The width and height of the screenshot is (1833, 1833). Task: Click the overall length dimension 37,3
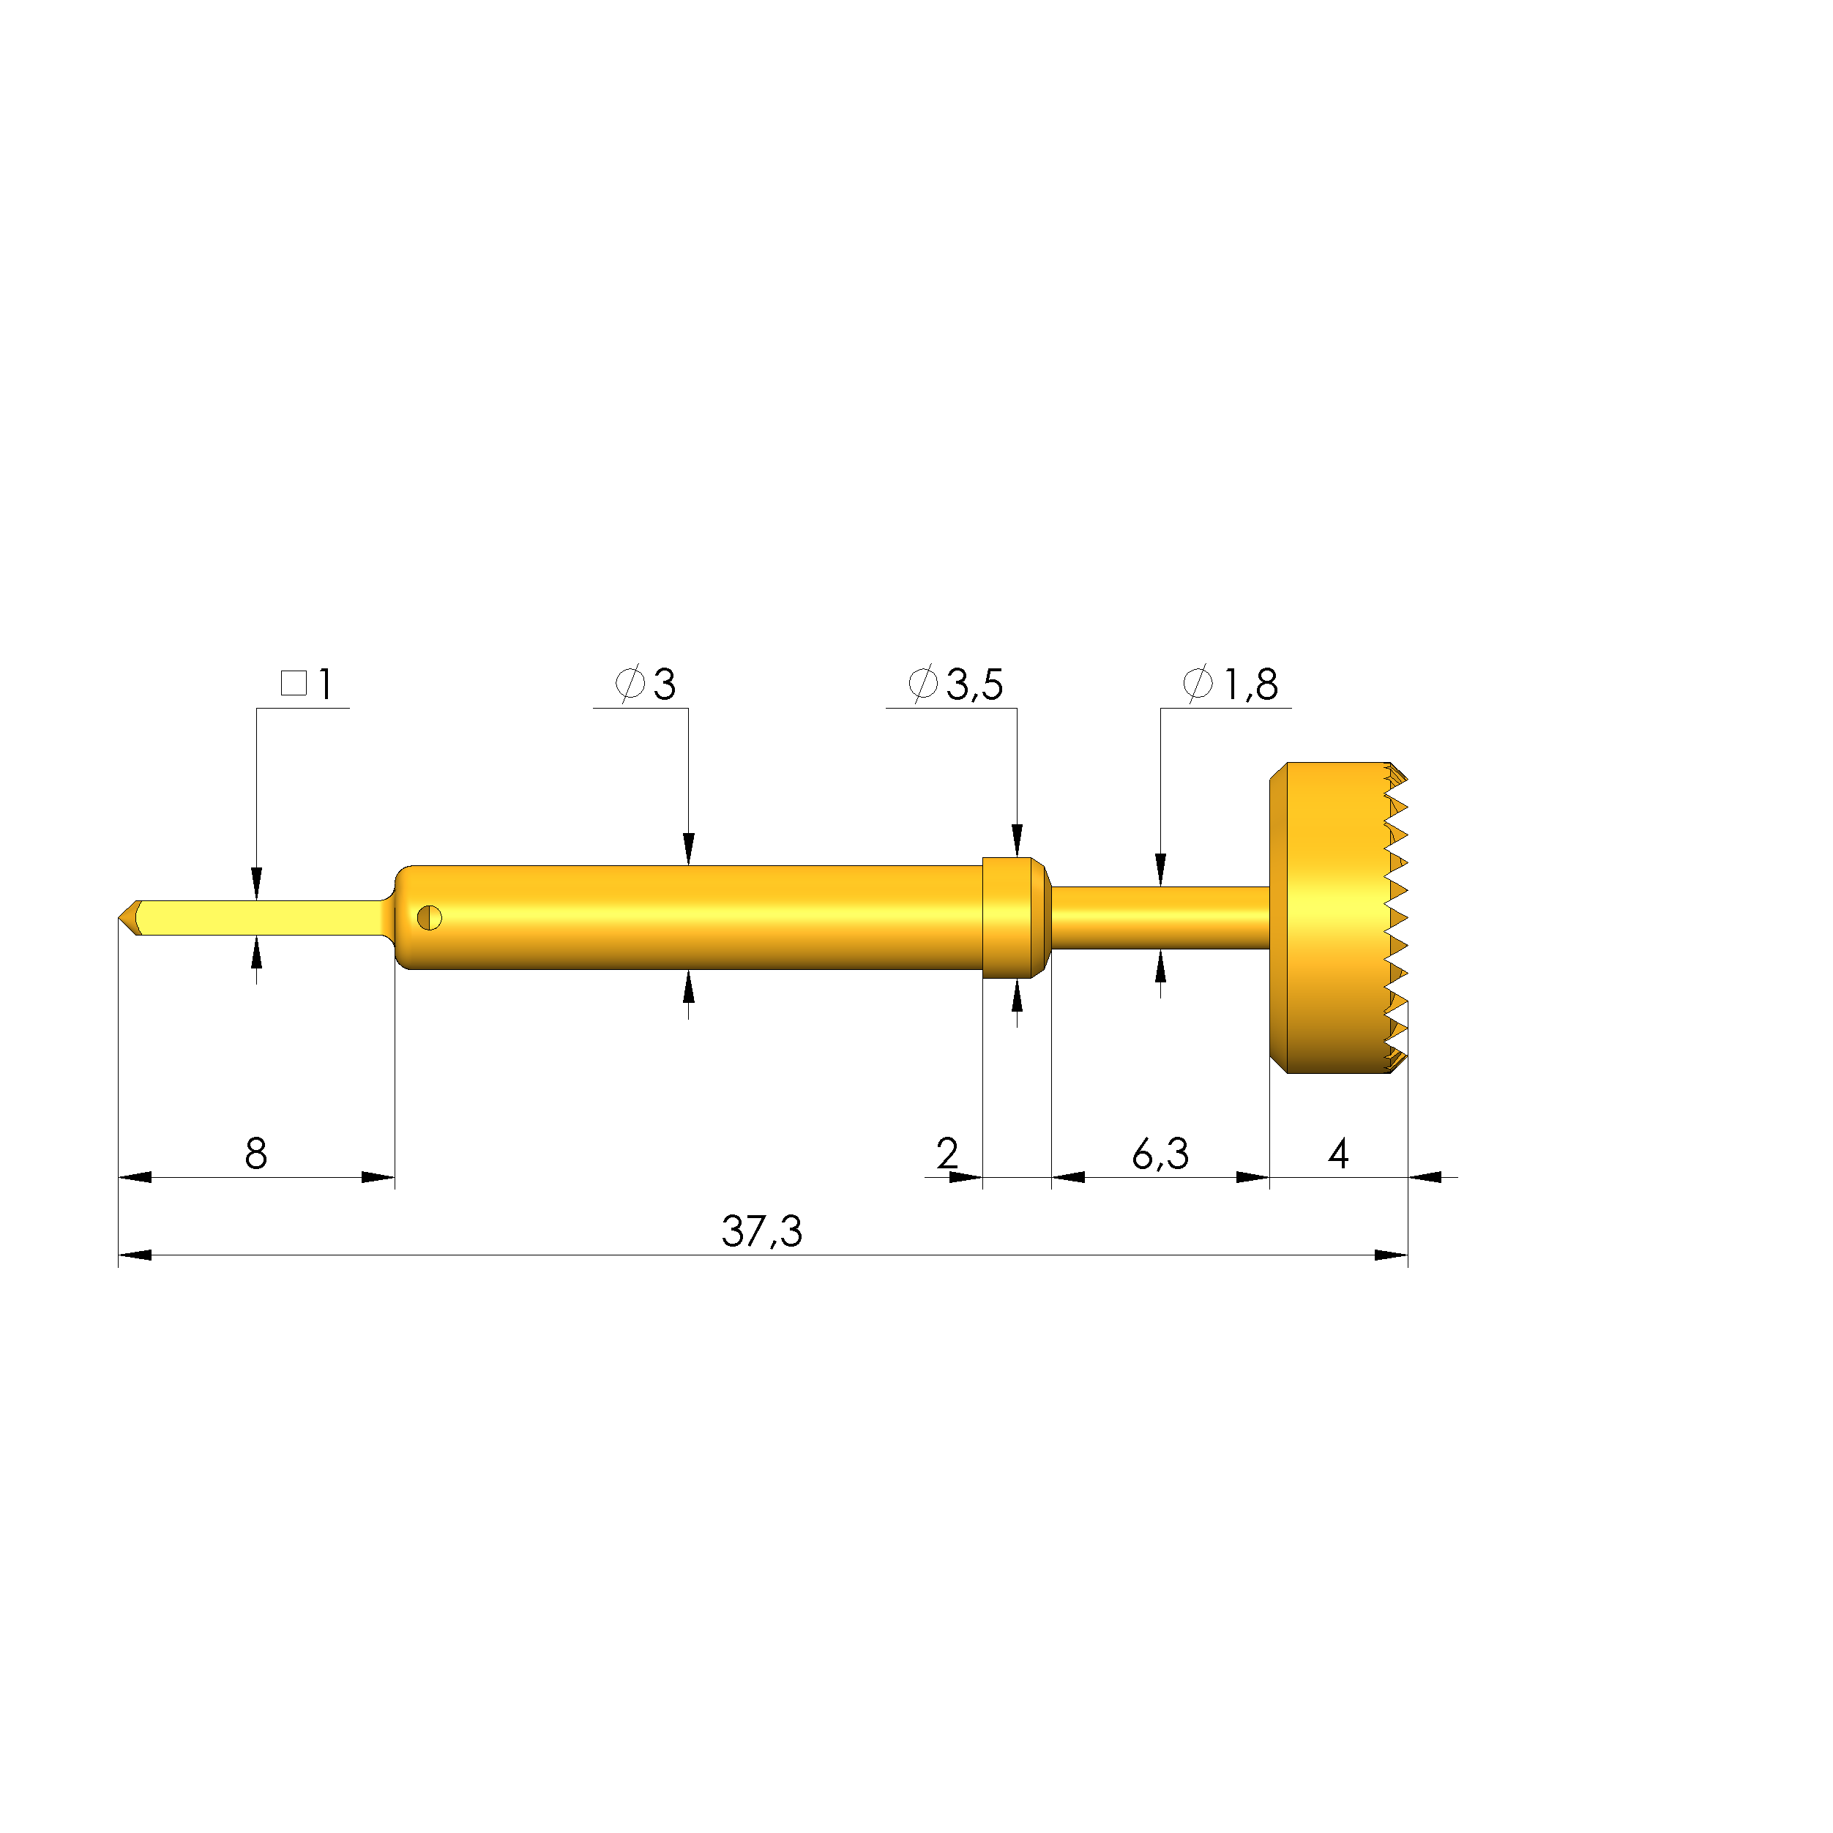tap(762, 1231)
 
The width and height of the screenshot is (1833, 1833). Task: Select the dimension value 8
tap(256, 1154)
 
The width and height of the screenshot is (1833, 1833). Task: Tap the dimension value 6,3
tap(1160, 1154)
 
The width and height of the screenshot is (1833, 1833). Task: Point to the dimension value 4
tap(1339, 1154)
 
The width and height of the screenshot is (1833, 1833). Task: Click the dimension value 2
tap(947, 1154)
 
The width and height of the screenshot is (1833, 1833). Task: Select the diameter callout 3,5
tap(974, 684)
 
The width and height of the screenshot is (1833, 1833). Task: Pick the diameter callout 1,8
tap(1250, 684)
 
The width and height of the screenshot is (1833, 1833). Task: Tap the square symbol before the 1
tap(294, 683)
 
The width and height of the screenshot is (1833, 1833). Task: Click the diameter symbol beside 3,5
tap(923, 683)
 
